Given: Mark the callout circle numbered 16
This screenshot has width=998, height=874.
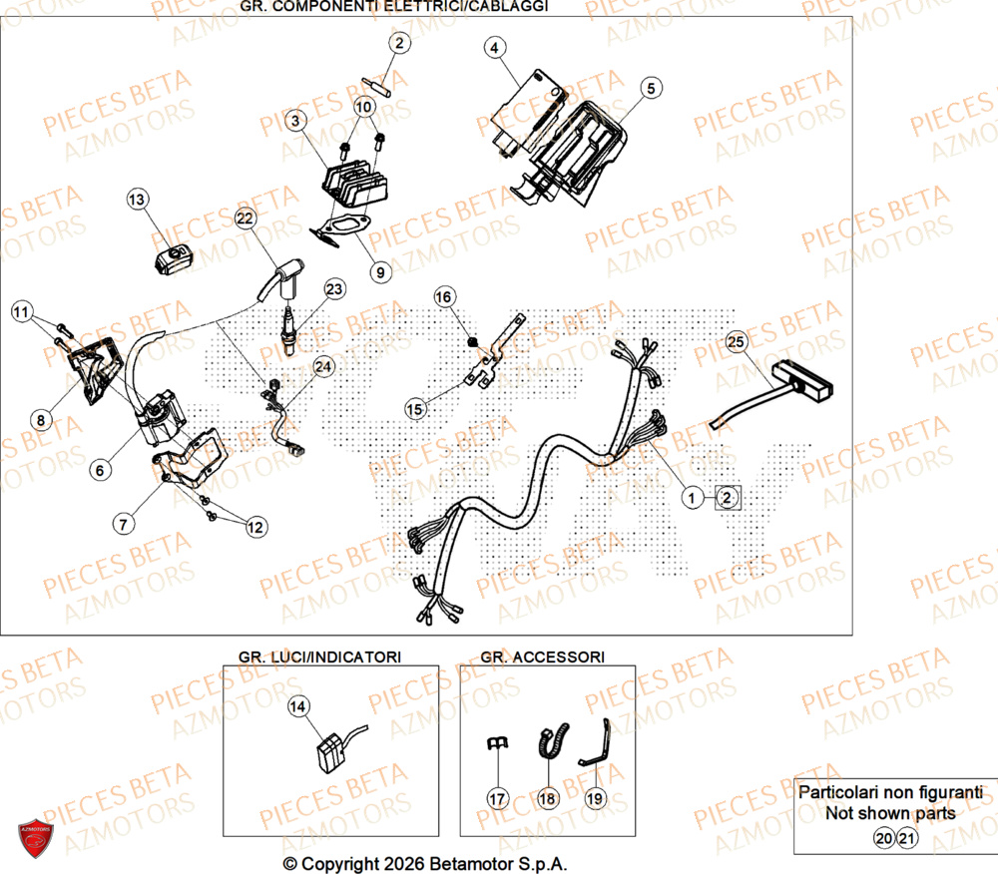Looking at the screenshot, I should pyautogui.click(x=444, y=296).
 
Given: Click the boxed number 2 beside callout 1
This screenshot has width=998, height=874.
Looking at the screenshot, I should pyautogui.click(x=728, y=497).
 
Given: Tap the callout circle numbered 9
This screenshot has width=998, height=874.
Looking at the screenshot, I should pyautogui.click(x=378, y=270).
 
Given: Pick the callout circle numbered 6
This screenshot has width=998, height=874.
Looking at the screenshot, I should pyautogui.click(x=98, y=467).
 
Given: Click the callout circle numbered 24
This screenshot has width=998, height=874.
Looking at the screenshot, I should pyautogui.click(x=322, y=367).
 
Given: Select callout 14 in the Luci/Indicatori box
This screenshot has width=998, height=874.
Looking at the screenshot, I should pyautogui.click(x=297, y=706).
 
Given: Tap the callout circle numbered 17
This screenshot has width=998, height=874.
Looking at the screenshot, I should pyautogui.click(x=498, y=798).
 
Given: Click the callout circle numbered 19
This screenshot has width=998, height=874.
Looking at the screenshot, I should pyautogui.click(x=594, y=798).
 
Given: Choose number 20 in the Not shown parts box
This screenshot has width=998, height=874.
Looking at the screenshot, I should pyautogui.click(x=883, y=839).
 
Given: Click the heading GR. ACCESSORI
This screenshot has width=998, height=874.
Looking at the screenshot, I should pyautogui.click(x=542, y=656).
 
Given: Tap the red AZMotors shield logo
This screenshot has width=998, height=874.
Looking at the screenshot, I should pyautogui.click(x=35, y=836).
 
